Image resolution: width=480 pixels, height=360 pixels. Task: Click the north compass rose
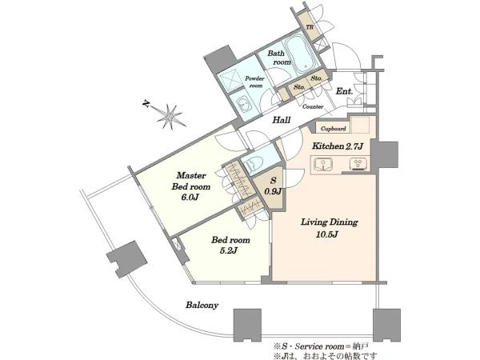[168, 115]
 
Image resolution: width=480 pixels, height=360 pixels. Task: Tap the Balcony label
[202, 305]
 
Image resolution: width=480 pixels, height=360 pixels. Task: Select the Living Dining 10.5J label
[329, 228]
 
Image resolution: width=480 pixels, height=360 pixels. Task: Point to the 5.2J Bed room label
[230, 246]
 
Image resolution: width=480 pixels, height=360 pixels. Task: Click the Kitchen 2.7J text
[338, 146]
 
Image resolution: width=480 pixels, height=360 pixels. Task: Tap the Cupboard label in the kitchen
[334, 129]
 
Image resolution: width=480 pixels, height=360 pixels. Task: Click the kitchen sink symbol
[323, 164]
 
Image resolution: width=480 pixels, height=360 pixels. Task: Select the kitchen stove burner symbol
[358, 164]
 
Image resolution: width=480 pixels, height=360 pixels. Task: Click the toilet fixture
[254, 162]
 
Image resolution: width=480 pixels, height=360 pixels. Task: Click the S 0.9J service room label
[273, 186]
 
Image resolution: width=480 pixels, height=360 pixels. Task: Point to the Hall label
[282, 120]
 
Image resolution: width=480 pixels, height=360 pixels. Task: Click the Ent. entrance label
[344, 91]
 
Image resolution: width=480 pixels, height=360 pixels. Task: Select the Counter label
[313, 106]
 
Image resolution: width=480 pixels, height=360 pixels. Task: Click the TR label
[310, 27]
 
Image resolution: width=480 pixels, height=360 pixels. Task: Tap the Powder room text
[254, 82]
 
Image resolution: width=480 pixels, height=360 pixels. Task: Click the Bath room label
[279, 58]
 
